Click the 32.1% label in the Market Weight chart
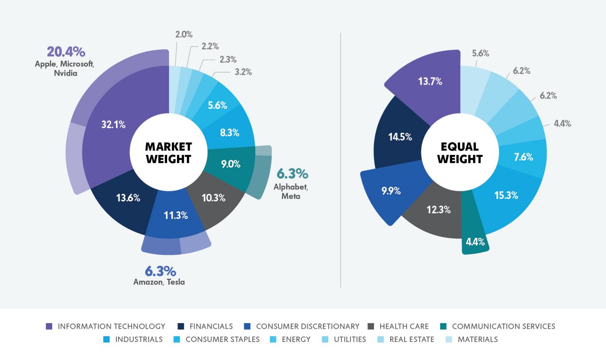pyautogui.click(x=113, y=125)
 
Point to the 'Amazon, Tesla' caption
pyautogui.click(x=159, y=282)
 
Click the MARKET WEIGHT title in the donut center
pyautogui.click(x=169, y=153)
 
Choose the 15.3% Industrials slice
pyautogui.click(x=506, y=195)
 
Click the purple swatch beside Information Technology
pyautogui.click(x=49, y=326)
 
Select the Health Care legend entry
pyautogui.click(x=403, y=326)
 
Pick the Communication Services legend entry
pyautogui.click(x=503, y=326)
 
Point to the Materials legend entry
pyautogui.click(x=477, y=339)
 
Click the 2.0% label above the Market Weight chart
pyautogui.click(x=183, y=34)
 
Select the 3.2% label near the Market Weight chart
pyautogui.click(x=242, y=72)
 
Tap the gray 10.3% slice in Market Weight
pyautogui.click(x=214, y=198)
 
